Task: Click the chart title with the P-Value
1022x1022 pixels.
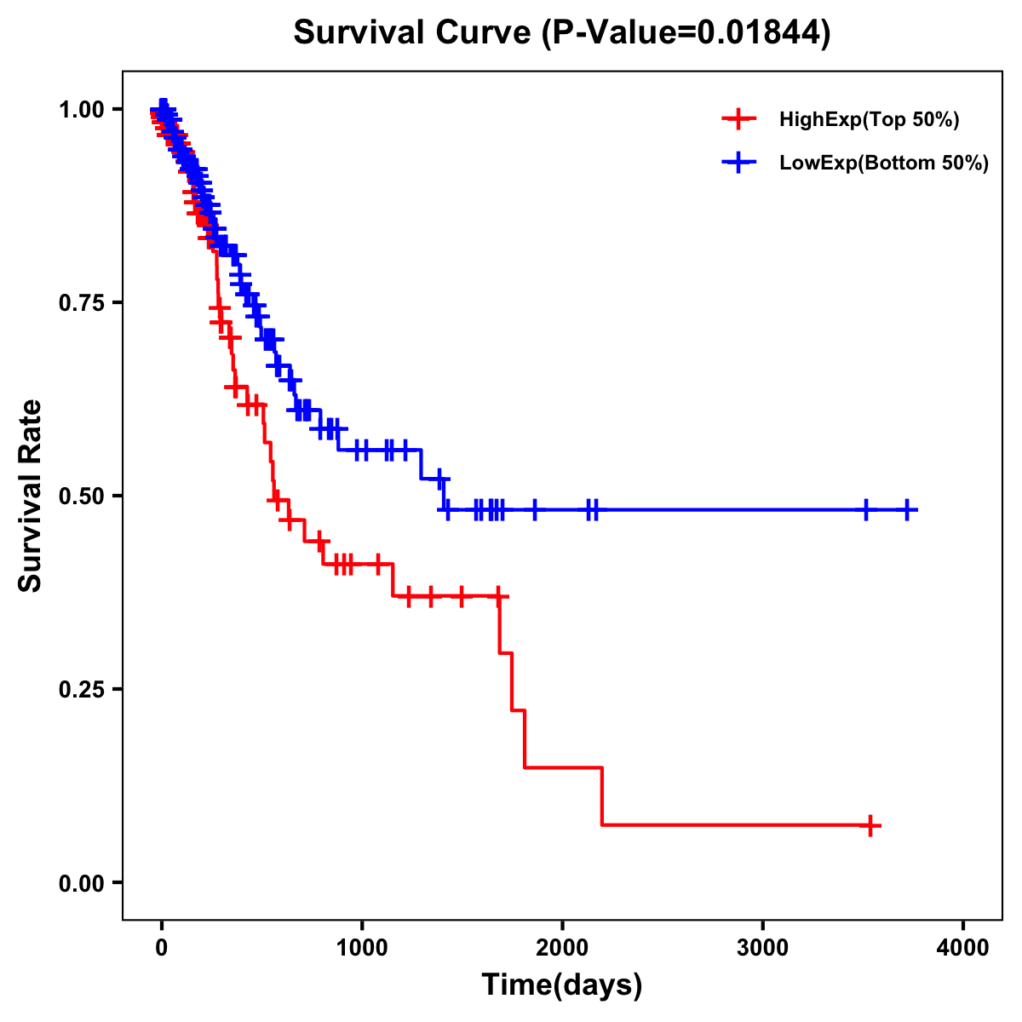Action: click(x=561, y=33)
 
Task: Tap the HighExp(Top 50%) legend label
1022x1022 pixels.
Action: click(x=869, y=120)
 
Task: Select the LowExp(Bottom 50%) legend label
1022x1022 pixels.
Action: click(x=884, y=164)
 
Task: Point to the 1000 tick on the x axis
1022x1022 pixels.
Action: click(x=362, y=948)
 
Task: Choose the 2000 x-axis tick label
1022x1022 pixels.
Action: click(x=562, y=948)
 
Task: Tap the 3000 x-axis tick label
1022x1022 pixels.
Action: click(x=762, y=948)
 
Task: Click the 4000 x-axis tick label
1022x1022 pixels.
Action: click(x=962, y=948)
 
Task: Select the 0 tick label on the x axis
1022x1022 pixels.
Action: click(x=162, y=948)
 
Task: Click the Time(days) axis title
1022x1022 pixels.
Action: click(x=561, y=985)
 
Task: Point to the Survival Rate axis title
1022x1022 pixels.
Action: click(x=31, y=496)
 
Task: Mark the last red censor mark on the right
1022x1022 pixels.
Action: click(x=870, y=825)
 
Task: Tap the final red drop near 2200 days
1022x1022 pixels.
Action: click(x=602, y=796)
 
